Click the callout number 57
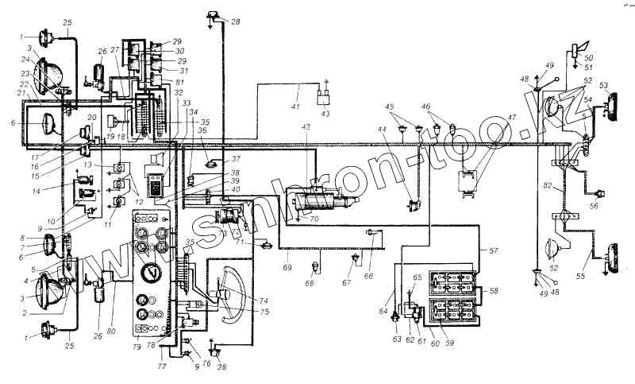pos(494,250)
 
